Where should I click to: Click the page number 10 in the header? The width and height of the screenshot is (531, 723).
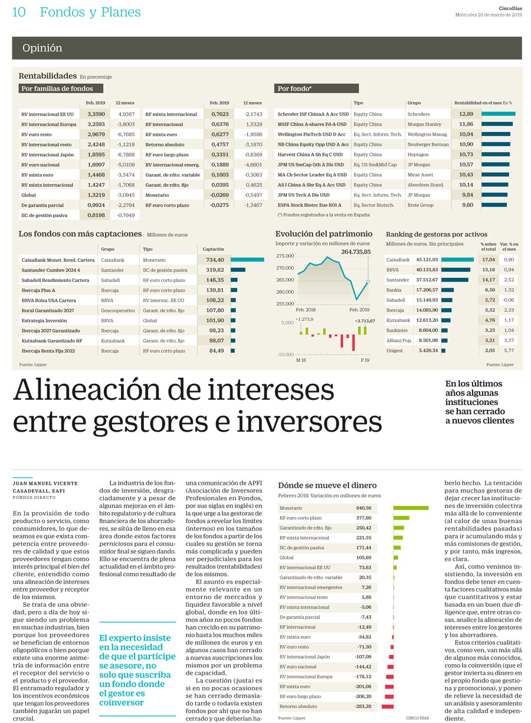pyautogui.click(x=19, y=12)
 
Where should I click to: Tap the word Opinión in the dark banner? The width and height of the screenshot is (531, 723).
pyautogui.click(x=42, y=48)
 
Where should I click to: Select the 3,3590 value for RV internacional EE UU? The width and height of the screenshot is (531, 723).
pyautogui.click(x=96, y=114)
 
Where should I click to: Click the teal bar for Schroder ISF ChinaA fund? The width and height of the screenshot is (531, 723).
pyautogui.click(x=498, y=114)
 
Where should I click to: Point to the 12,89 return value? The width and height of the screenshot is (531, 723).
pyautogui.click(x=466, y=114)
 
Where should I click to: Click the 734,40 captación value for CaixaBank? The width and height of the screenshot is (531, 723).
pyautogui.click(x=215, y=260)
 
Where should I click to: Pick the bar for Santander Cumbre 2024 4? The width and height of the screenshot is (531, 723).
pyautogui.click(x=238, y=270)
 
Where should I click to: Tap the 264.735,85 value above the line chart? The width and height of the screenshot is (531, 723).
pyautogui.click(x=356, y=252)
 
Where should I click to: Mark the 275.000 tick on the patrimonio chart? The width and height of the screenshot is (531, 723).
pyautogui.click(x=285, y=256)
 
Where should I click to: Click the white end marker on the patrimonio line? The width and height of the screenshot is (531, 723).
pyautogui.click(x=368, y=282)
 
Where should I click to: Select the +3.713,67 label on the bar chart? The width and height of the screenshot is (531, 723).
pyautogui.click(x=365, y=321)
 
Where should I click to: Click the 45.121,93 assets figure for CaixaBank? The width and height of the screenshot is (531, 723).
pyautogui.click(x=427, y=259)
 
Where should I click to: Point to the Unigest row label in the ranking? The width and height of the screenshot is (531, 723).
pyautogui.click(x=394, y=350)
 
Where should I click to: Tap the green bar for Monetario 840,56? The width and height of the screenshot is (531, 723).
pyautogui.click(x=411, y=508)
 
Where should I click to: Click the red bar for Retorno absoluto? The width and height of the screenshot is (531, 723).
pyautogui.click(x=387, y=706)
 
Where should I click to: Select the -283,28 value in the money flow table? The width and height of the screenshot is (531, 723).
pyautogui.click(x=363, y=706)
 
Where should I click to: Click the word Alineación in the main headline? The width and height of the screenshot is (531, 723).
pyautogui.click(x=87, y=389)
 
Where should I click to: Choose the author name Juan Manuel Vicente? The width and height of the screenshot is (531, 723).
pyautogui.click(x=45, y=483)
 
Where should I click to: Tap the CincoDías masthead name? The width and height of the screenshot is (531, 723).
pyautogui.click(x=510, y=8)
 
